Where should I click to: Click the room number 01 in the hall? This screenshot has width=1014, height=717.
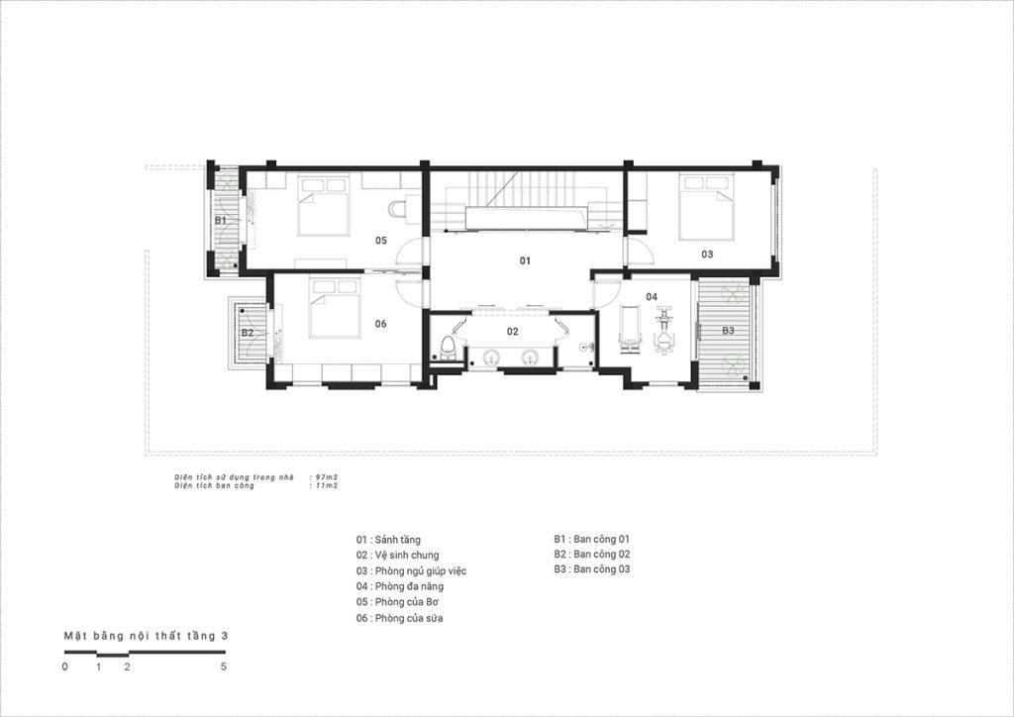(525, 260)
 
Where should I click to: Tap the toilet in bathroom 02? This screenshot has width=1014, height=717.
(447, 347)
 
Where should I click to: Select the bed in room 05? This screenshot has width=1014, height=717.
(324, 205)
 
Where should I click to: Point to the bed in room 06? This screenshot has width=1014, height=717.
(335, 308)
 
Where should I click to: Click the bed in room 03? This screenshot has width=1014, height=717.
(705, 206)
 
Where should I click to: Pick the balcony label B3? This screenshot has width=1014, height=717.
(728, 331)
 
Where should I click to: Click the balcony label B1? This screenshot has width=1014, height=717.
(221, 221)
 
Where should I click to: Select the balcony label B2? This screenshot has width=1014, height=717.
(247, 333)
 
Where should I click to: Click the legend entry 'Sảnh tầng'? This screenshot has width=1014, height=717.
(398, 540)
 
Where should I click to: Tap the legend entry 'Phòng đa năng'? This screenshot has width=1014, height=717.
(409, 586)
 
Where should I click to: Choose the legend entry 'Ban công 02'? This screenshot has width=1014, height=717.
(601, 554)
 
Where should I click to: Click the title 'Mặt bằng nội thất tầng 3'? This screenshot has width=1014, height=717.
(147, 636)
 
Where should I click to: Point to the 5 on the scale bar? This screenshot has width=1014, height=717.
(224, 666)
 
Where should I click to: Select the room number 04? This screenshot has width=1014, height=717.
(652, 297)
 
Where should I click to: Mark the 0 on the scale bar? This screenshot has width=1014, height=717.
(64, 666)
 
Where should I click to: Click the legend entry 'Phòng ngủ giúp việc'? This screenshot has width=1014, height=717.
(420, 570)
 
